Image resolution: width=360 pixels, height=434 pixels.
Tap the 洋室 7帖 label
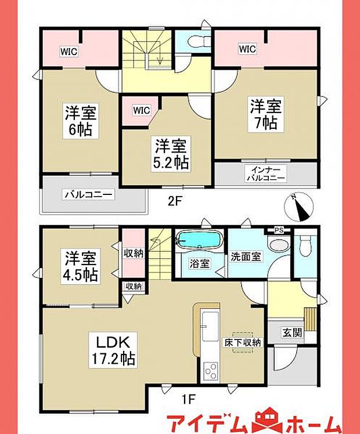(x=267, y=114)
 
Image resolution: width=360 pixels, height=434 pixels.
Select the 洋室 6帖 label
(x=80, y=120)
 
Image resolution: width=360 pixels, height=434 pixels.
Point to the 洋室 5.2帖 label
(x=171, y=153)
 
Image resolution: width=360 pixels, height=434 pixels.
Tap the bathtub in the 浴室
(x=199, y=240)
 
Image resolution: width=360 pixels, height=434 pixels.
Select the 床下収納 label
(x=242, y=342)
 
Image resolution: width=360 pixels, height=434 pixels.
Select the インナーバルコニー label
(x=268, y=173)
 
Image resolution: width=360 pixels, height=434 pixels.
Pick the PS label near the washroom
(x=279, y=230)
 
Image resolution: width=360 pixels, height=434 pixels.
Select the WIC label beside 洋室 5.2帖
(x=141, y=109)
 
